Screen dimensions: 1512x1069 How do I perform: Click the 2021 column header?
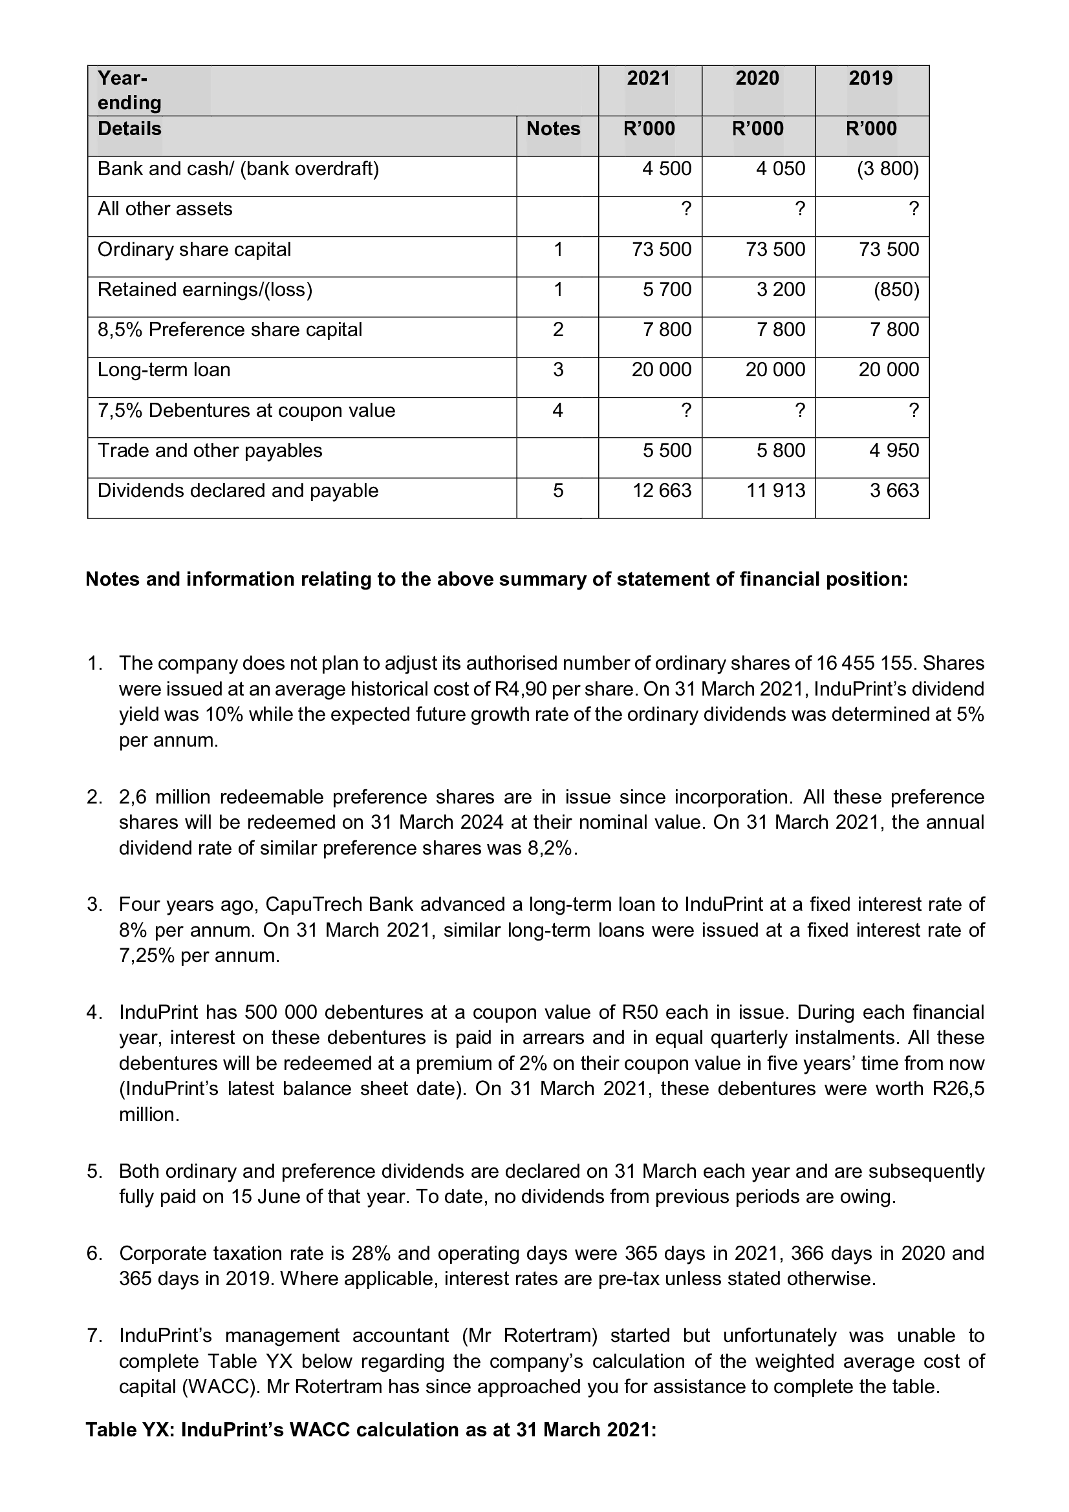coord(648,78)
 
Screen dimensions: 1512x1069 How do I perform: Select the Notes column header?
coord(554,129)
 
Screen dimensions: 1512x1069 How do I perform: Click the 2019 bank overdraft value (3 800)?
coord(887,169)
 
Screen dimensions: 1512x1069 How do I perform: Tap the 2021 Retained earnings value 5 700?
coord(667,290)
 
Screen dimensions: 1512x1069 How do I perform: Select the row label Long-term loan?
coord(164,370)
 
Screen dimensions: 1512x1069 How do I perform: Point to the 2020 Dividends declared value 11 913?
coord(775,491)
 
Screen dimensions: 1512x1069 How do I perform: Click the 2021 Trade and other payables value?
coord(667,451)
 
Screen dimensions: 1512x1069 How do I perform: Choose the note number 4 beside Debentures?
coord(557,410)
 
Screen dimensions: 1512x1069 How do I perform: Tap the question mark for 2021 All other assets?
coord(686,209)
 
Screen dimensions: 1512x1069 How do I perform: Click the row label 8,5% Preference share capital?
coord(230,330)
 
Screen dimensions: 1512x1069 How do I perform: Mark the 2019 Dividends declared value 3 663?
coord(894,491)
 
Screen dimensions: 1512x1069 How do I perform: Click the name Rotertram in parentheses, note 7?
coord(549,1336)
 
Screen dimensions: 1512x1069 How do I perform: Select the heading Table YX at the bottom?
coord(130,1430)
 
